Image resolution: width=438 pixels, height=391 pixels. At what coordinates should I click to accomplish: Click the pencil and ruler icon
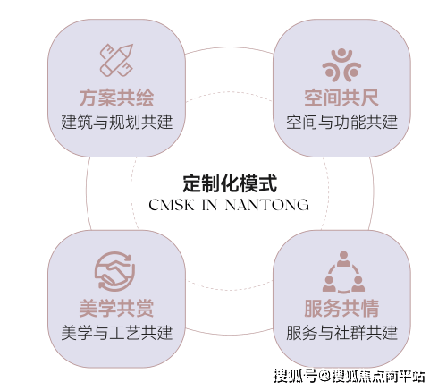116,60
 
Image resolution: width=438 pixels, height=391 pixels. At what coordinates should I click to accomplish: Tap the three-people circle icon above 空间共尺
341,65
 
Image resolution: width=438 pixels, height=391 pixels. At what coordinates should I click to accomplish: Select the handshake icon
115,271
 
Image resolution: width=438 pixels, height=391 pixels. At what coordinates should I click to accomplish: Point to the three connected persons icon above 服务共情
343,272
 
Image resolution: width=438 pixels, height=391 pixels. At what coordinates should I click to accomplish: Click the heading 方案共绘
116,98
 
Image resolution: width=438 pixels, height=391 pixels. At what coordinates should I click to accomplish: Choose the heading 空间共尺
341,98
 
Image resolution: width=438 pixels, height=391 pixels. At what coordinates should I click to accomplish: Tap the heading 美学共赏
116,308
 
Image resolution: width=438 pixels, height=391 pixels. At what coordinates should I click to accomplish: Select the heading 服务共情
341,308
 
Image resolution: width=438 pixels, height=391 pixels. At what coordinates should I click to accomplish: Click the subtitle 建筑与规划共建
117,123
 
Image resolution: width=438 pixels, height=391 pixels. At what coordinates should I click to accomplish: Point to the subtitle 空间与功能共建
341,123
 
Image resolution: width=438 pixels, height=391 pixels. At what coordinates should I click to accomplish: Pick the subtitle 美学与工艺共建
117,333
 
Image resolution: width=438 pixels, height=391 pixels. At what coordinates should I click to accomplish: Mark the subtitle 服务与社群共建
341,333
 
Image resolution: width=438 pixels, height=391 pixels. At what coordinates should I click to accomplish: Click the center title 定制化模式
230,183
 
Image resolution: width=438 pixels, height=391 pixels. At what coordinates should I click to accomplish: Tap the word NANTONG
266,205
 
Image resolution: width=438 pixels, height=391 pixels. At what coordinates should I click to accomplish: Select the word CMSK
172,205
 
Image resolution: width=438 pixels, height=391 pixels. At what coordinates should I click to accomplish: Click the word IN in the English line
209,205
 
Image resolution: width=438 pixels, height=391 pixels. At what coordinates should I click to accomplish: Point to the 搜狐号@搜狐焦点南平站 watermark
350,376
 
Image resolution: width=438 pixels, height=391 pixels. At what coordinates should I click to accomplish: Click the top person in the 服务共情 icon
343,259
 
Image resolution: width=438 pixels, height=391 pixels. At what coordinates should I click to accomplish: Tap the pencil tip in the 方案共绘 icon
130,47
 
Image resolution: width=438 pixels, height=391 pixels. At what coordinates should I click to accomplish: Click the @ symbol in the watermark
324,376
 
